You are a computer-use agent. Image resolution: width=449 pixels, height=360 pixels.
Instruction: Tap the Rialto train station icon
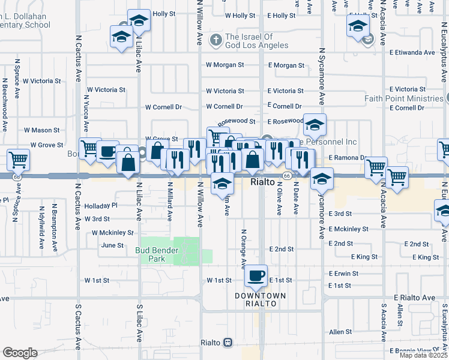coord(228,343)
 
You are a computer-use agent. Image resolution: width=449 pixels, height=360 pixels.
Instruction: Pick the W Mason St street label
coord(41,130)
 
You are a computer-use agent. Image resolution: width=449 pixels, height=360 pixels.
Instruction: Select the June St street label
coord(112,245)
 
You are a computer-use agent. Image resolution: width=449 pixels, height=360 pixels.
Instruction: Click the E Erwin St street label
coord(343,274)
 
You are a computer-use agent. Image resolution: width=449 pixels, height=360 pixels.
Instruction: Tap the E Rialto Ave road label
coord(414,298)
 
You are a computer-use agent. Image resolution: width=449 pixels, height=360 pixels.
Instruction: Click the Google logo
coord(20,353)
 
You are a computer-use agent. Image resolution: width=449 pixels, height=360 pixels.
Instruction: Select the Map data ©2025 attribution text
coord(423,355)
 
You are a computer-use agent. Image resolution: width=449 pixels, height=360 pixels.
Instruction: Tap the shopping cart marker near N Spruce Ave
coord(18,160)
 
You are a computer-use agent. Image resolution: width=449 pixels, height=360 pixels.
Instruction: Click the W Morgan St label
coord(224,65)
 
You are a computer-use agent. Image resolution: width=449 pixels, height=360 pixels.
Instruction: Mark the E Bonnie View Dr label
coord(414,350)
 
